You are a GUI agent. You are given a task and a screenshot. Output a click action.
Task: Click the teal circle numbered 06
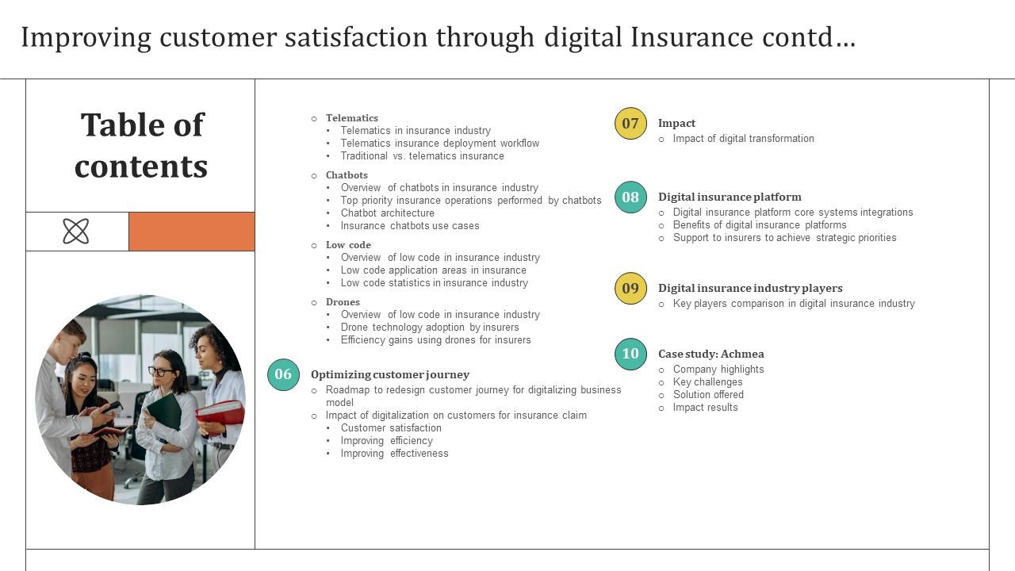coord(283,374)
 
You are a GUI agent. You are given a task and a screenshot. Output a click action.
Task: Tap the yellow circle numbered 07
coord(630,123)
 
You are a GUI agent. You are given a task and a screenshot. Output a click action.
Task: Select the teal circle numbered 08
coord(630,197)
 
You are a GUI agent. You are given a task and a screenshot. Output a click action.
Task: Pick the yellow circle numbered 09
coord(630,288)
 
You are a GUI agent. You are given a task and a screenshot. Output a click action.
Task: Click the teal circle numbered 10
coord(630,354)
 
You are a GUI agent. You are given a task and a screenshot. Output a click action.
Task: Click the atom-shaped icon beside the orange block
coord(76,232)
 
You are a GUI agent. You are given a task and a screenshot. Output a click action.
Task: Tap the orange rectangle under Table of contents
coord(192,232)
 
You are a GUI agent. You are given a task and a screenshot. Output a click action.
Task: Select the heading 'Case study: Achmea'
coord(710,354)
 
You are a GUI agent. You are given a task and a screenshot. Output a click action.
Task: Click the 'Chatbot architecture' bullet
coord(387,213)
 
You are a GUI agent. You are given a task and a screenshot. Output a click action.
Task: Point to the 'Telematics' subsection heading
coord(351,118)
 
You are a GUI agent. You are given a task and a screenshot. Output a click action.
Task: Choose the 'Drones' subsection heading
coord(343,302)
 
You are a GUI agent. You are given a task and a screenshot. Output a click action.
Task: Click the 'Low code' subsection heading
coord(348,245)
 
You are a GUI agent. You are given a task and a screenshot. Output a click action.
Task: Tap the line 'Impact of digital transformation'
coord(743,138)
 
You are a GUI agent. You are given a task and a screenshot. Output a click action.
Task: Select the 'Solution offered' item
coord(708,394)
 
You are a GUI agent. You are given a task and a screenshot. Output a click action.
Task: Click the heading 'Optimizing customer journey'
coord(389,374)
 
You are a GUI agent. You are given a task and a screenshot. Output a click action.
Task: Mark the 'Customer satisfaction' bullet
coord(391,427)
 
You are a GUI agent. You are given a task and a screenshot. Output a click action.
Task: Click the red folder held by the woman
coord(221,413)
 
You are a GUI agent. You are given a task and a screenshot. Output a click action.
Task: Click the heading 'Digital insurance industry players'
coord(749,288)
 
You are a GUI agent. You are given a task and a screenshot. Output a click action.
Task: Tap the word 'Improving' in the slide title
coord(86,37)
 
